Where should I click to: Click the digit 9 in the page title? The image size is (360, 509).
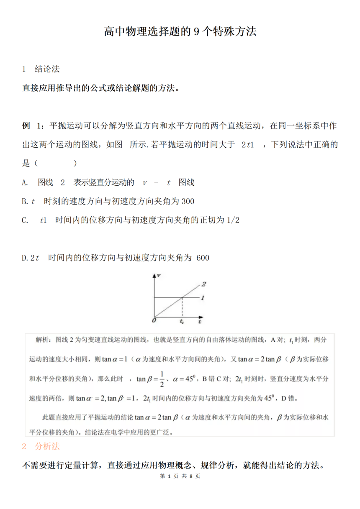(197, 32)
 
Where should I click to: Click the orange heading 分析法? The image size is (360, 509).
(47, 446)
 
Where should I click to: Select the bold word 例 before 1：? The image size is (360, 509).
(26, 125)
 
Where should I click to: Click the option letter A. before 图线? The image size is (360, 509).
(25, 182)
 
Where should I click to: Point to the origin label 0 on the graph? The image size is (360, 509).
(154, 320)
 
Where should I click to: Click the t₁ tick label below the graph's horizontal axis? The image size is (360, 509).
(182, 321)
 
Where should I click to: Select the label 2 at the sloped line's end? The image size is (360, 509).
(204, 284)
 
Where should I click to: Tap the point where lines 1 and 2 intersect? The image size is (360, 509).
(182, 297)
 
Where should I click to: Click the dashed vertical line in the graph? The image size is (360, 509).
(182, 307)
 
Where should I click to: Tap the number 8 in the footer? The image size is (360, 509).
(191, 476)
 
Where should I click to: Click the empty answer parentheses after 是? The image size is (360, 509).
(54, 164)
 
